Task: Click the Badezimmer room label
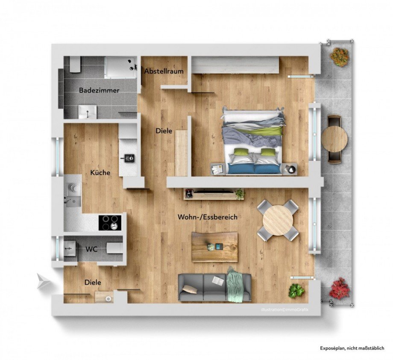(99, 91)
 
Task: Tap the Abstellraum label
(164, 71)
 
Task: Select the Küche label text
(100, 173)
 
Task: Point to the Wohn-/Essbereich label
(207, 217)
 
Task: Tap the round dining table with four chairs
(278, 220)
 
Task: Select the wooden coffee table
(214, 247)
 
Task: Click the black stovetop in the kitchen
(110, 222)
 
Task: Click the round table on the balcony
(334, 139)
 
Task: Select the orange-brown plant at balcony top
(340, 57)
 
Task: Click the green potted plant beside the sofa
(296, 291)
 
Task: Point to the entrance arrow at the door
(44, 281)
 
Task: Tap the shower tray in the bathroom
(121, 68)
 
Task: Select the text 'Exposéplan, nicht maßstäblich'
(352, 348)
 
